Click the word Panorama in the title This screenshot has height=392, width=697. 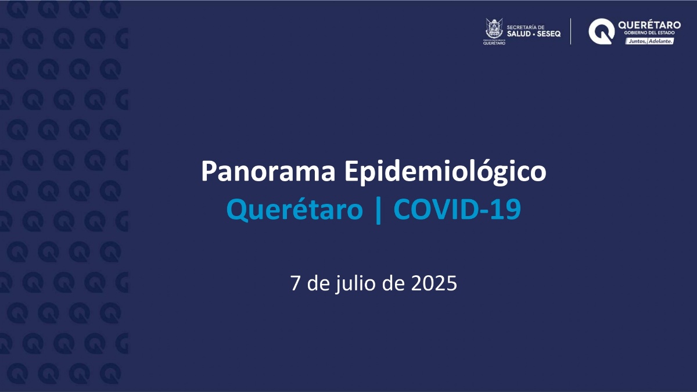click(x=268, y=171)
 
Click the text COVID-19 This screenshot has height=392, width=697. click(x=457, y=209)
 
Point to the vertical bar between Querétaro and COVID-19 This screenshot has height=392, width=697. click(x=378, y=210)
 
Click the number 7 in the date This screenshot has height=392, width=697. click(x=295, y=283)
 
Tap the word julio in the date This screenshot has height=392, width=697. click(x=355, y=284)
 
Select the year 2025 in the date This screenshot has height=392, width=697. click(x=434, y=283)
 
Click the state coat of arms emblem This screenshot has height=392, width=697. click(x=494, y=28)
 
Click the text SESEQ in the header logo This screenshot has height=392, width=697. click(x=548, y=34)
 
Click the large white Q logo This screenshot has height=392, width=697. click(x=601, y=31)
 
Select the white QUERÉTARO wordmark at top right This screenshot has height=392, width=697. click(x=649, y=25)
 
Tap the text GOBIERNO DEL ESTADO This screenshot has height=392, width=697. click(x=649, y=33)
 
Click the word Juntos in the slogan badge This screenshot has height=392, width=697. click(x=637, y=41)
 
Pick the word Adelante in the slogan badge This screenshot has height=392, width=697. click(x=660, y=41)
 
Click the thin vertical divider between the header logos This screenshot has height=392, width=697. click(x=570, y=31)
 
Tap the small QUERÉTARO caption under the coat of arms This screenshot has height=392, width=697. click(x=494, y=43)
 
